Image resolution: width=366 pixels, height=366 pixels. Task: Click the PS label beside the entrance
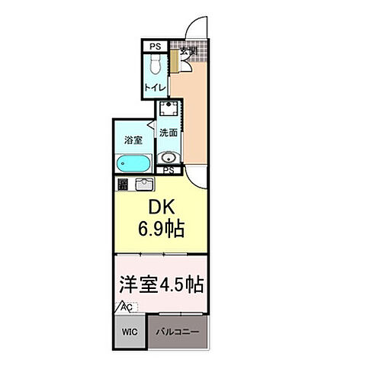pos(156,46)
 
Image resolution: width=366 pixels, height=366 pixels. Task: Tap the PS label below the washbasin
pos(169,171)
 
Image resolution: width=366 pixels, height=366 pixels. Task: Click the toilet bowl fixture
pos(155,66)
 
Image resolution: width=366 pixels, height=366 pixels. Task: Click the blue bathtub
pos(133,163)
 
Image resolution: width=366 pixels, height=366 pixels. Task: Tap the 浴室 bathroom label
pos(133,140)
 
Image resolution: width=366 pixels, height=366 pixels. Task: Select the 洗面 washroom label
pos(169,132)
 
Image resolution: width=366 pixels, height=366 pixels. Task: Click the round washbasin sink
pos(170,158)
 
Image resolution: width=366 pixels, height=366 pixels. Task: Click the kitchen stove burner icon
pos(123,184)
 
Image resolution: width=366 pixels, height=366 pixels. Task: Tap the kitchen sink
pos(144,184)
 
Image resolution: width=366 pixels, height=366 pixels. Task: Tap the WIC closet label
pos(130,333)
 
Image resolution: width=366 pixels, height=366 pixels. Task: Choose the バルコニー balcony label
pos(177,333)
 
